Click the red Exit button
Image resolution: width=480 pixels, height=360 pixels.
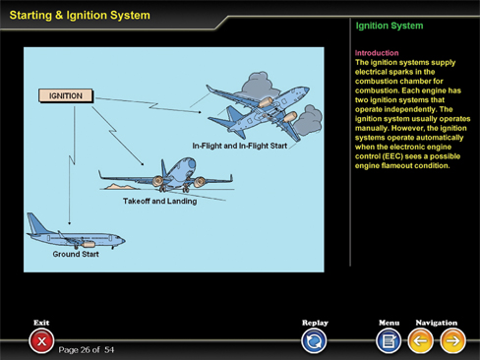(x=41, y=341)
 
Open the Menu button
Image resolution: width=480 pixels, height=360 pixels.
(x=389, y=341)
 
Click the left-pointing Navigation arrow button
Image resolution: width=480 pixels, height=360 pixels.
(x=420, y=341)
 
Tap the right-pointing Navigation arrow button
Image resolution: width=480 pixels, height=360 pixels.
(x=452, y=341)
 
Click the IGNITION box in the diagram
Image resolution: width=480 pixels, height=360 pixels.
(x=66, y=95)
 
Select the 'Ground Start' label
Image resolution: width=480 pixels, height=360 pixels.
(x=76, y=254)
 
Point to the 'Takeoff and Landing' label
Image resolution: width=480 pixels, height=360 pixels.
(x=160, y=201)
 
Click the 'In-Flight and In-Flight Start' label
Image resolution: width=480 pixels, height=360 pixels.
(x=240, y=146)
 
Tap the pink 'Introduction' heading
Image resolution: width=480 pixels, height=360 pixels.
(x=377, y=53)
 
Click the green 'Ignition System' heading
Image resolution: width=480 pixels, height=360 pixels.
(x=390, y=26)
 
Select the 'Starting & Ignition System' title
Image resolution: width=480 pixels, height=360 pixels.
(x=80, y=15)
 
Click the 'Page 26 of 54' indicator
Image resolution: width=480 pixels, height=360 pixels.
(x=87, y=350)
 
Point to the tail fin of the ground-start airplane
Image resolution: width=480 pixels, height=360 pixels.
(x=36, y=223)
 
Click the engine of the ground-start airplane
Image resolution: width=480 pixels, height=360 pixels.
(x=88, y=244)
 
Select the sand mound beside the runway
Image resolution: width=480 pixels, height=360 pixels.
(x=120, y=187)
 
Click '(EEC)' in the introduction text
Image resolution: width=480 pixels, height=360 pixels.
(x=392, y=156)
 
